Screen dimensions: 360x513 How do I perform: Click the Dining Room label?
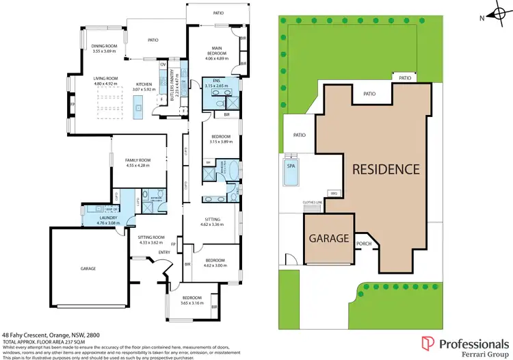pyautogui.click(x=105, y=47)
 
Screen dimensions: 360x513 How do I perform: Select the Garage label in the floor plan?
pyautogui.click(x=88, y=269)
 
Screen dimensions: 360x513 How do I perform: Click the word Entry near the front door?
pyautogui.click(x=164, y=253)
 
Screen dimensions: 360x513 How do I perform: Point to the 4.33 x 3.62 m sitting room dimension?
pyautogui.click(x=152, y=242)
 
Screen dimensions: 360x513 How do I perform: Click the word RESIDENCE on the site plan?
pyautogui.click(x=386, y=168)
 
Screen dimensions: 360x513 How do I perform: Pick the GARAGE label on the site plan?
pyautogui.click(x=329, y=240)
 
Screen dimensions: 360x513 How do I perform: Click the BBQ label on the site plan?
pyautogui.click(x=334, y=194)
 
